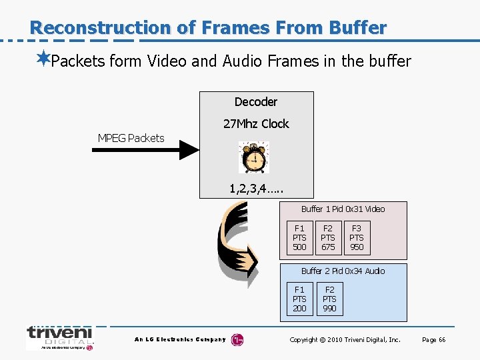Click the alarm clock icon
(253, 158)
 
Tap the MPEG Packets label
(131, 138)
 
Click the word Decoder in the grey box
(255, 102)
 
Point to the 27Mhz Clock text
(255, 123)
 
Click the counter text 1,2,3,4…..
(256, 189)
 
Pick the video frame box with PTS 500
(300, 238)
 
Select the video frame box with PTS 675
(328, 238)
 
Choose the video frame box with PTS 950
(357, 238)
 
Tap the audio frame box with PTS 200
(300, 299)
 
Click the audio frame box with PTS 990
(329, 299)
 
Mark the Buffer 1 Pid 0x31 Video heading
(343, 209)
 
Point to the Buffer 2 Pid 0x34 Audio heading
(343, 271)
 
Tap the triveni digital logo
(59, 337)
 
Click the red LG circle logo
(237, 340)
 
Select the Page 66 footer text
(433, 340)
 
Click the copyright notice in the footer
(345, 340)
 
